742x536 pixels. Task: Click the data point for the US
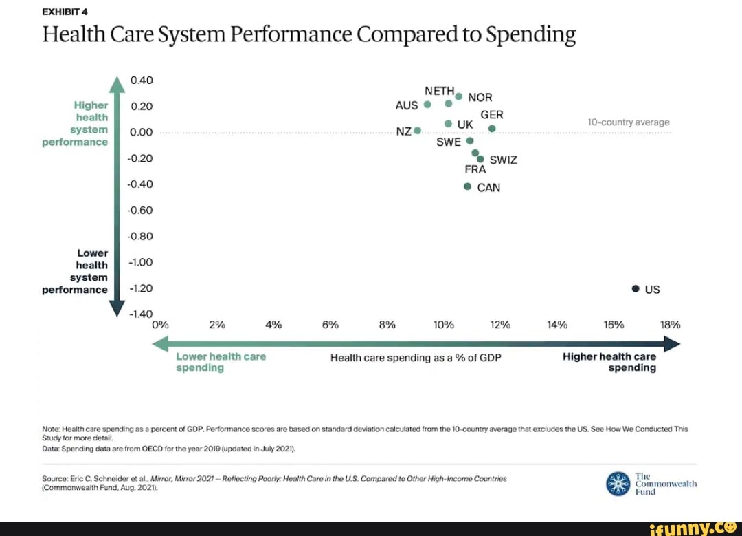pyautogui.click(x=636, y=289)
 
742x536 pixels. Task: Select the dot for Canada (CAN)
pyautogui.click(x=467, y=186)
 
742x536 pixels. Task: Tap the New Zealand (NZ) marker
pyautogui.click(x=417, y=131)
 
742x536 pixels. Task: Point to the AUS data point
pyautogui.click(x=427, y=105)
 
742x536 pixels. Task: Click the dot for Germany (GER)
pyautogui.click(x=492, y=129)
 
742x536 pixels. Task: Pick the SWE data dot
pyautogui.click(x=470, y=140)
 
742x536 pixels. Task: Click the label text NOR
pyautogui.click(x=480, y=98)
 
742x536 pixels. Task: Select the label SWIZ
pyautogui.click(x=503, y=160)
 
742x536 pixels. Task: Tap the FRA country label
pyautogui.click(x=475, y=169)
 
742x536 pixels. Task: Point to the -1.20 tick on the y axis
pyautogui.click(x=141, y=289)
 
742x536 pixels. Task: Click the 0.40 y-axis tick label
pyautogui.click(x=141, y=80)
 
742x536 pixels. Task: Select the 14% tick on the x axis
pyautogui.click(x=557, y=325)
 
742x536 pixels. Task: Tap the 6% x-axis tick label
pyautogui.click(x=330, y=325)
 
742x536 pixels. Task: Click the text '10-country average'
pyautogui.click(x=628, y=122)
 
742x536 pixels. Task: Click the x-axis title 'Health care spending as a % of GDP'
pyautogui.click(x=411, y=358)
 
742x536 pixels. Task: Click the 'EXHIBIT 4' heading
pyautogui.click(x=65, y=11)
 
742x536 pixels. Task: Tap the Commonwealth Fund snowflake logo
pyautogui.click(x=618, y=484)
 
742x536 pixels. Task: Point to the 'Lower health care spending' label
pyautogui.click(x=221, y=362)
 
